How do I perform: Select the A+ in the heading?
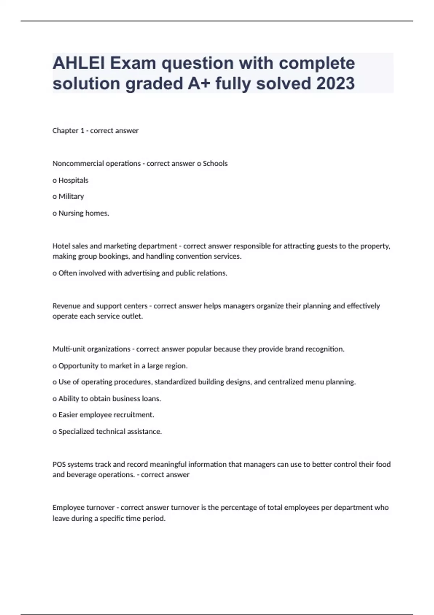click(x=199, y=84)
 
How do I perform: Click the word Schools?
click(x=215, y=164)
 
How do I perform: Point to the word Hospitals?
click(x=73, y=180)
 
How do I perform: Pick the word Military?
click(x=71, y=196)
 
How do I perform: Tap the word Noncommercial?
click(x=78, y=164)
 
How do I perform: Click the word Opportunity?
click(x=78, y=366)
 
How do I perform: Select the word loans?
click(x=152, y=399)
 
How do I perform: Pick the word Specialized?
click(x=76, y=432)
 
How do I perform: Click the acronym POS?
click(x=59, y=465)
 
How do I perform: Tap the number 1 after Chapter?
click(x=82, y=131)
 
